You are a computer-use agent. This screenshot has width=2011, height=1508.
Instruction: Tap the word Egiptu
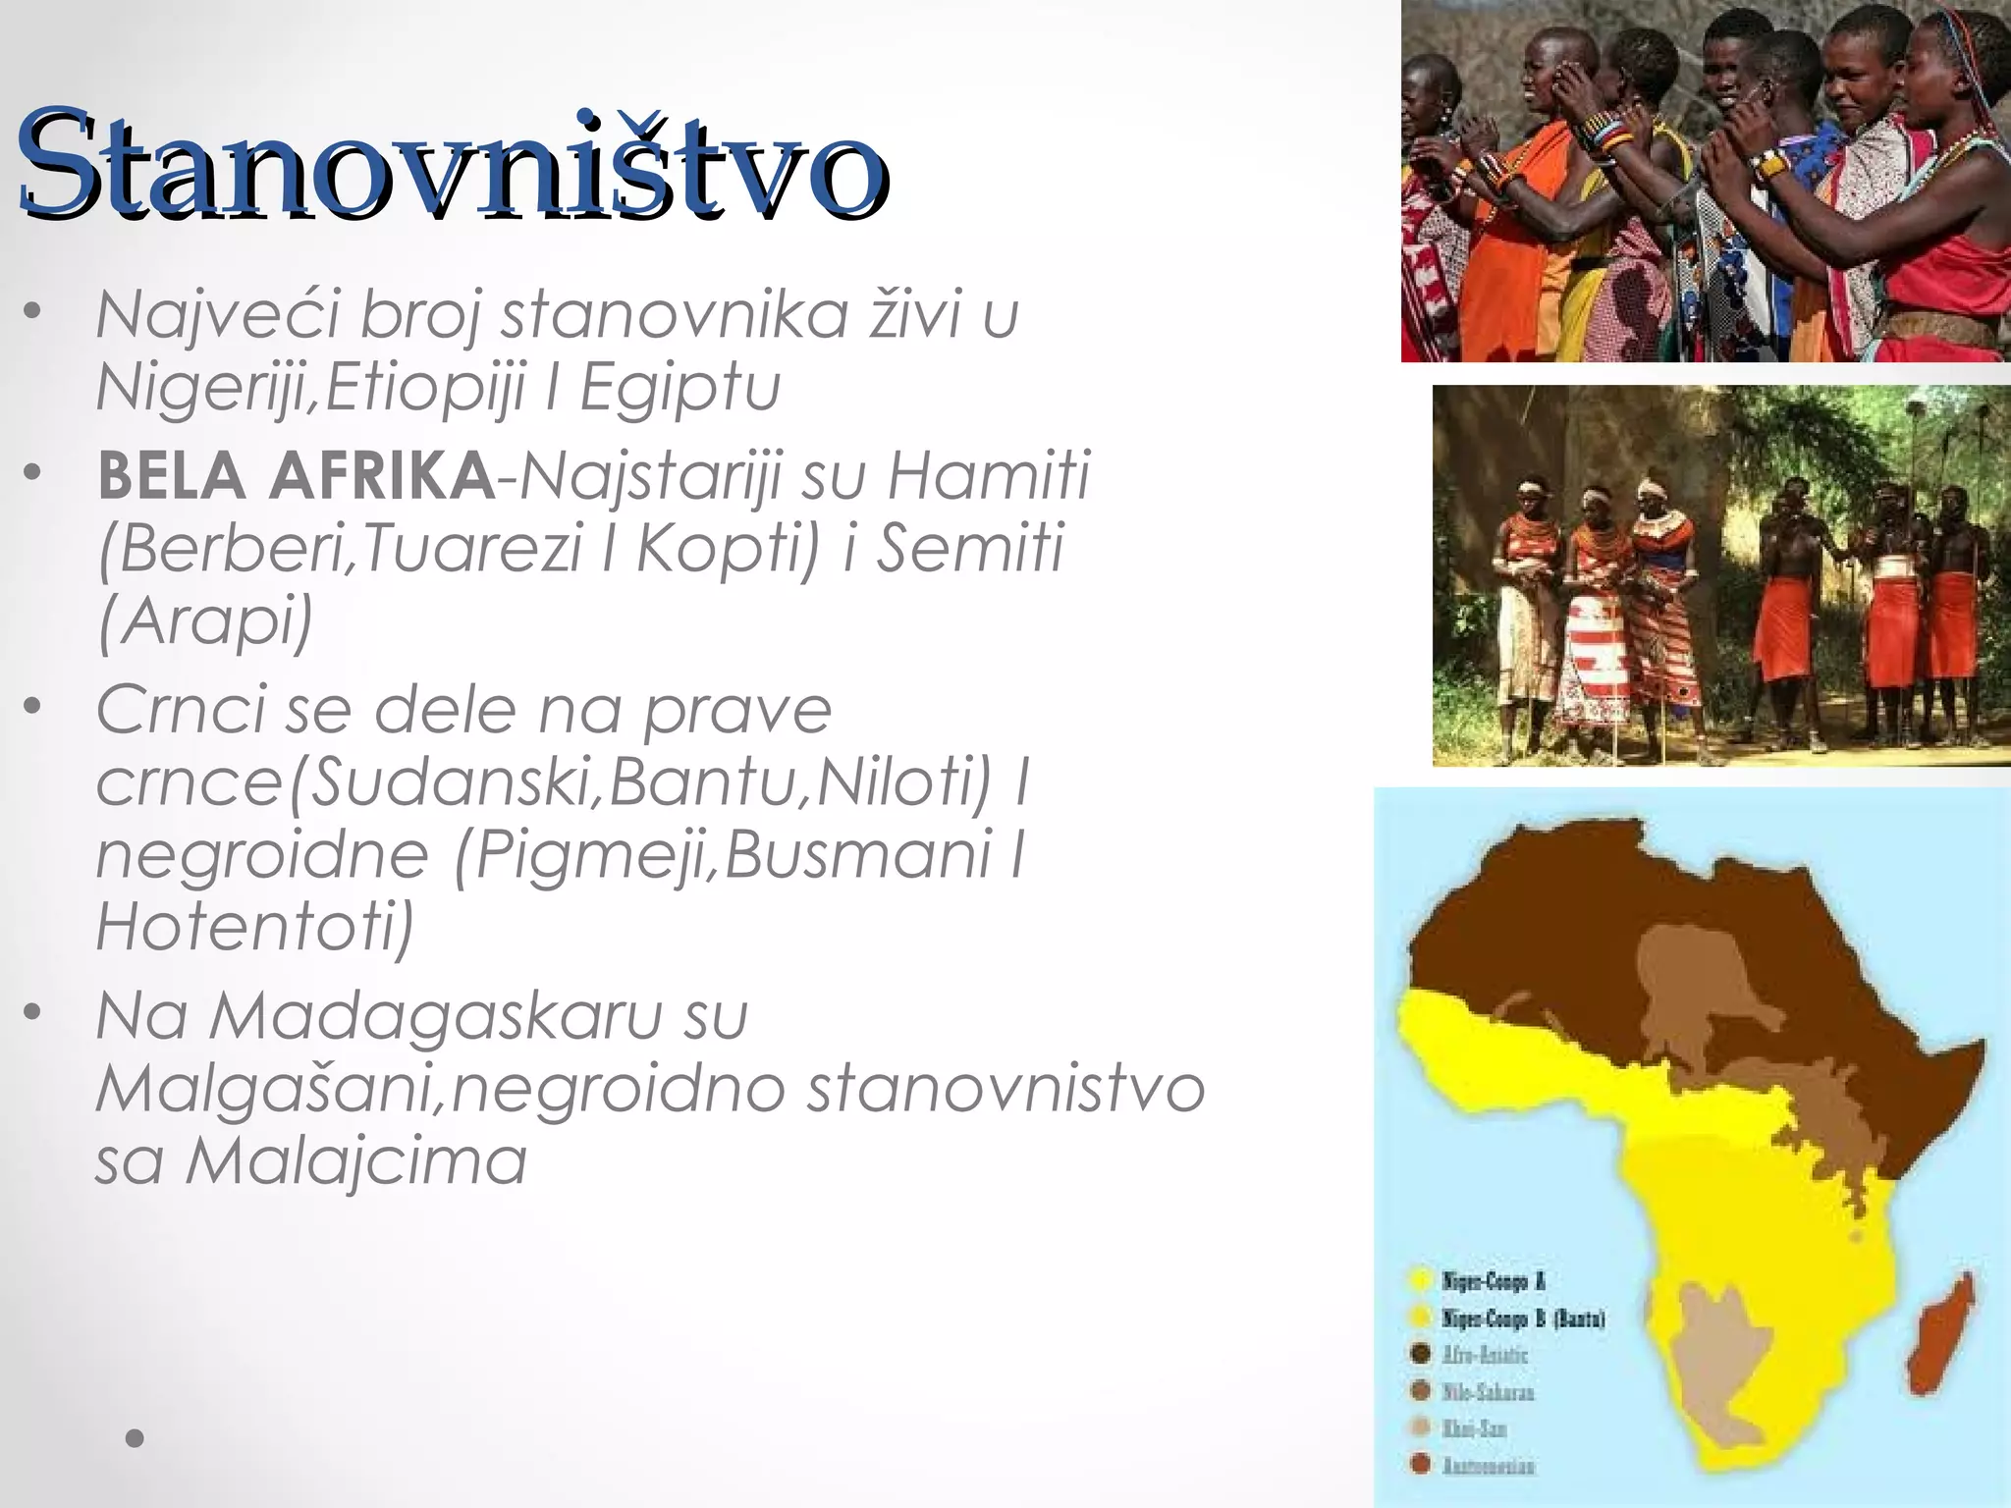[x=679, y=388]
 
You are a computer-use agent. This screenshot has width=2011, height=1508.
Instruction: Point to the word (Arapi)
[x=205, y=621]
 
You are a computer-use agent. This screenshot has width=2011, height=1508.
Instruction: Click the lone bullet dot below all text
[x=136, y=1439]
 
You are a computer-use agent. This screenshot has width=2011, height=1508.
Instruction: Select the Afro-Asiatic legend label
[x=1485, y=1355]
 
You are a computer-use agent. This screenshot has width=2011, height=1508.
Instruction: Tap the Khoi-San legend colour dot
[x=1419, y=1428]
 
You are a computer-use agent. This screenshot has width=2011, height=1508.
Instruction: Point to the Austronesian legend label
[x=1489, y=1466]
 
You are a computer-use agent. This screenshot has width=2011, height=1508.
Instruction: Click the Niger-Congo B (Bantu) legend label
[x=1522, y=1318]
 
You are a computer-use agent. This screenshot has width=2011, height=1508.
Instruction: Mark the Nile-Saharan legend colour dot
[x=1419, y=1391]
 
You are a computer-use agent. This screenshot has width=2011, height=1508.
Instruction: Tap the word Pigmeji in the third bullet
[x=589, y=854]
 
